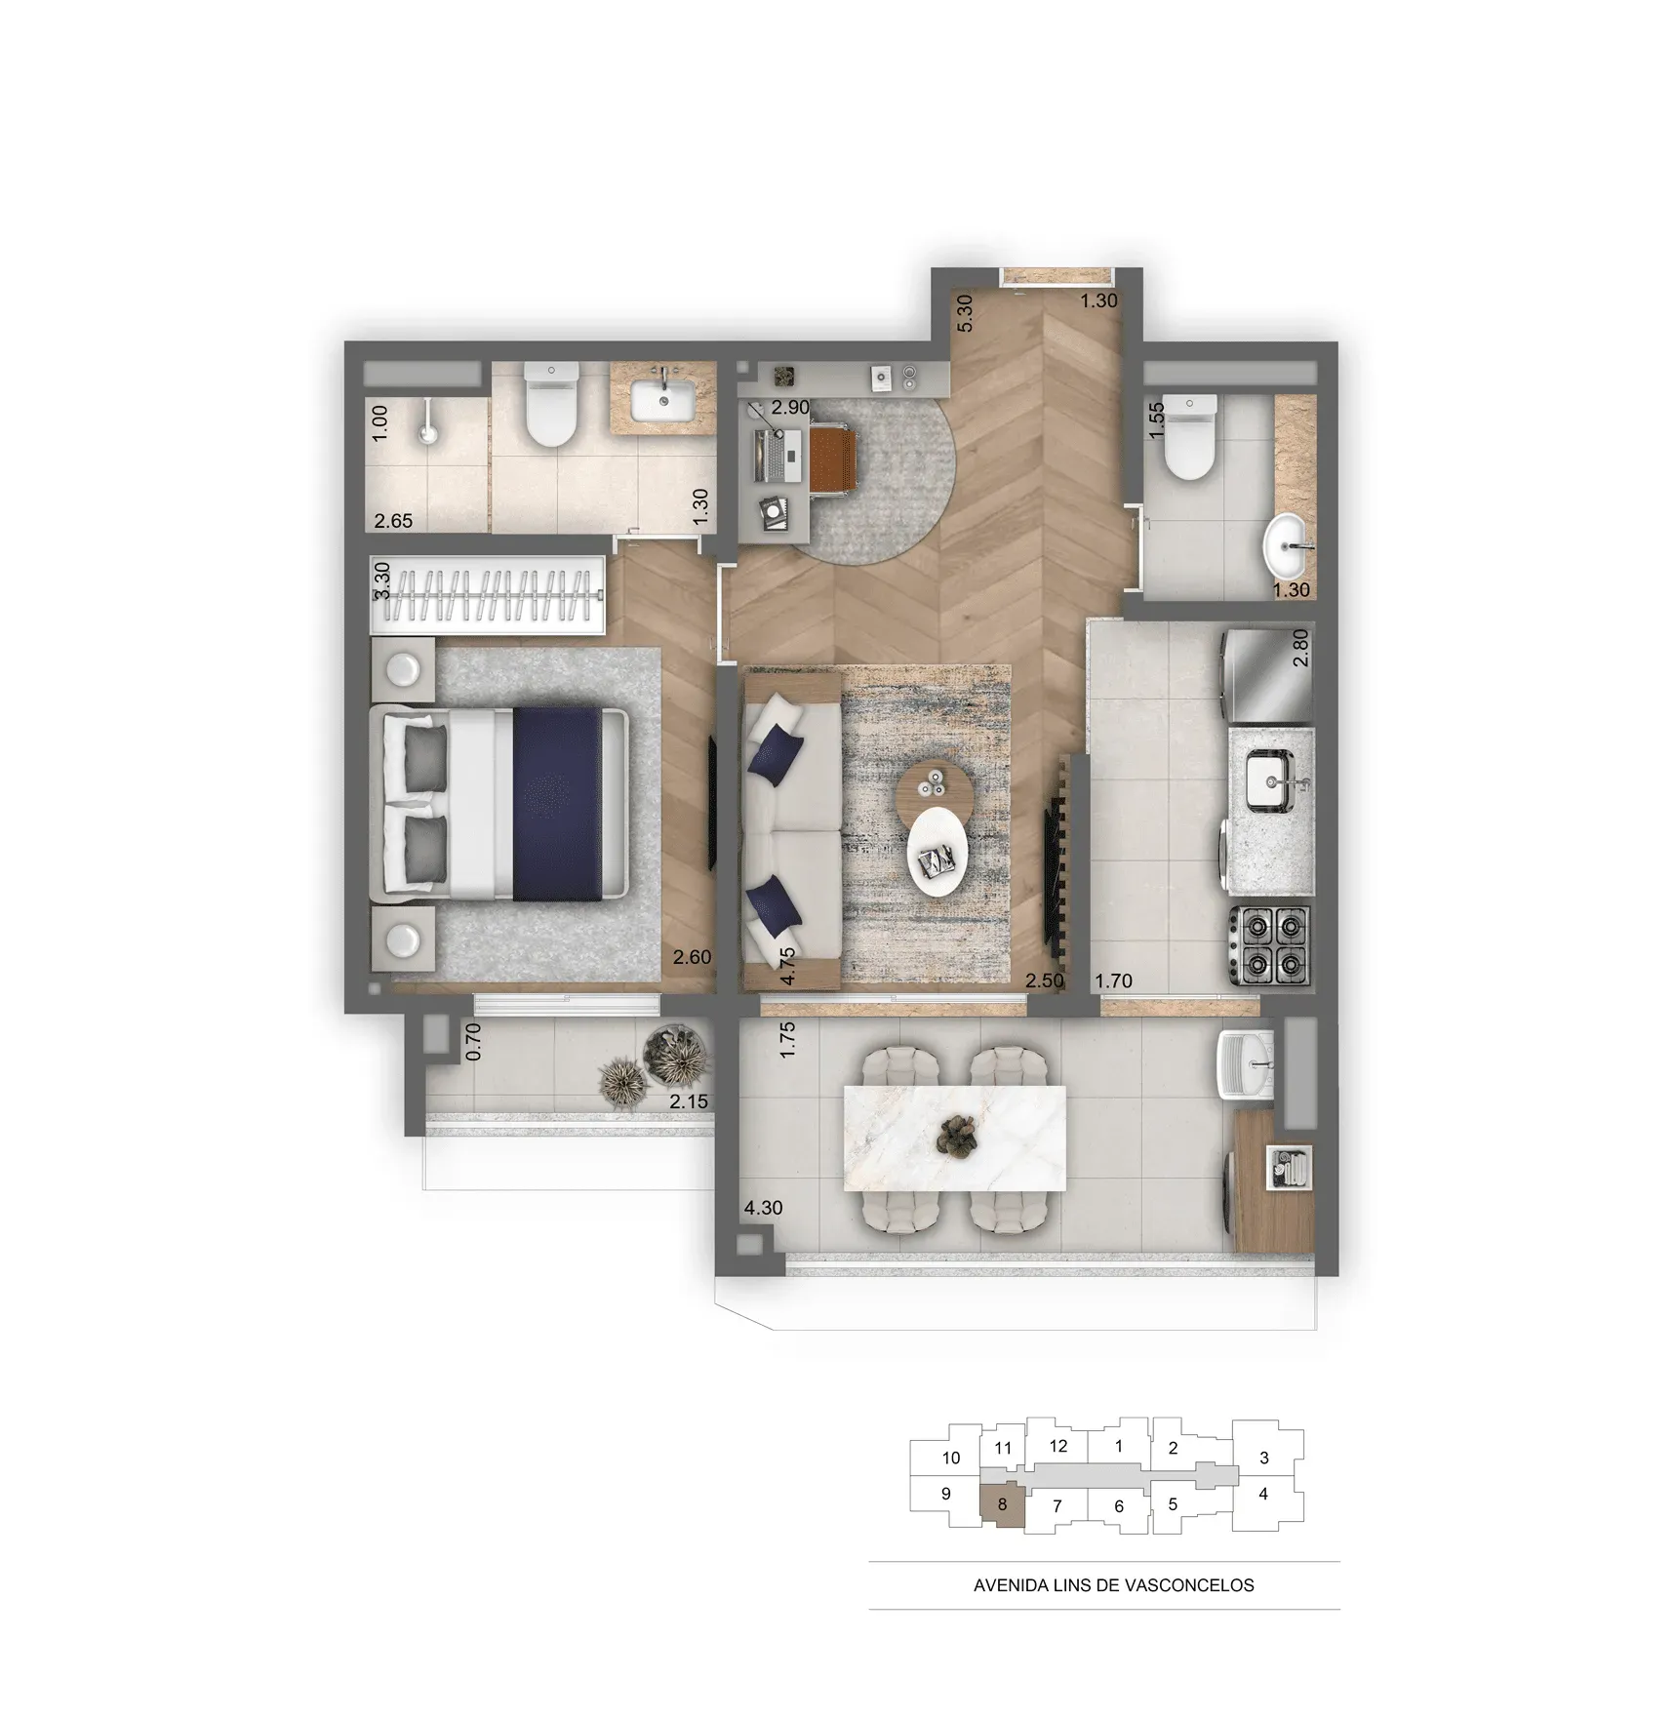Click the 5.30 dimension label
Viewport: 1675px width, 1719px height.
click(x=965, y=313)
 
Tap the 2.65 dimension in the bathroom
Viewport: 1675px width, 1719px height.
click(x=393, y=521)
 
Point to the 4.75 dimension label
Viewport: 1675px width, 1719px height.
click(x=787, y=966)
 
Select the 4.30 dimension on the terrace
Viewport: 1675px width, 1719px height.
click(x=763, y=1207)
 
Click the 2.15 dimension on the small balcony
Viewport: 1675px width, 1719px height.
click(x=689, y=1101)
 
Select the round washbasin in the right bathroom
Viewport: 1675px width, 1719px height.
click(x=1290, y=549)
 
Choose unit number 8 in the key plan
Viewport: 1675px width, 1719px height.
click(x=1002, y=1504)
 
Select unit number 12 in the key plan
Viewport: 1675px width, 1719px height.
click(x=1058, y=1446)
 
